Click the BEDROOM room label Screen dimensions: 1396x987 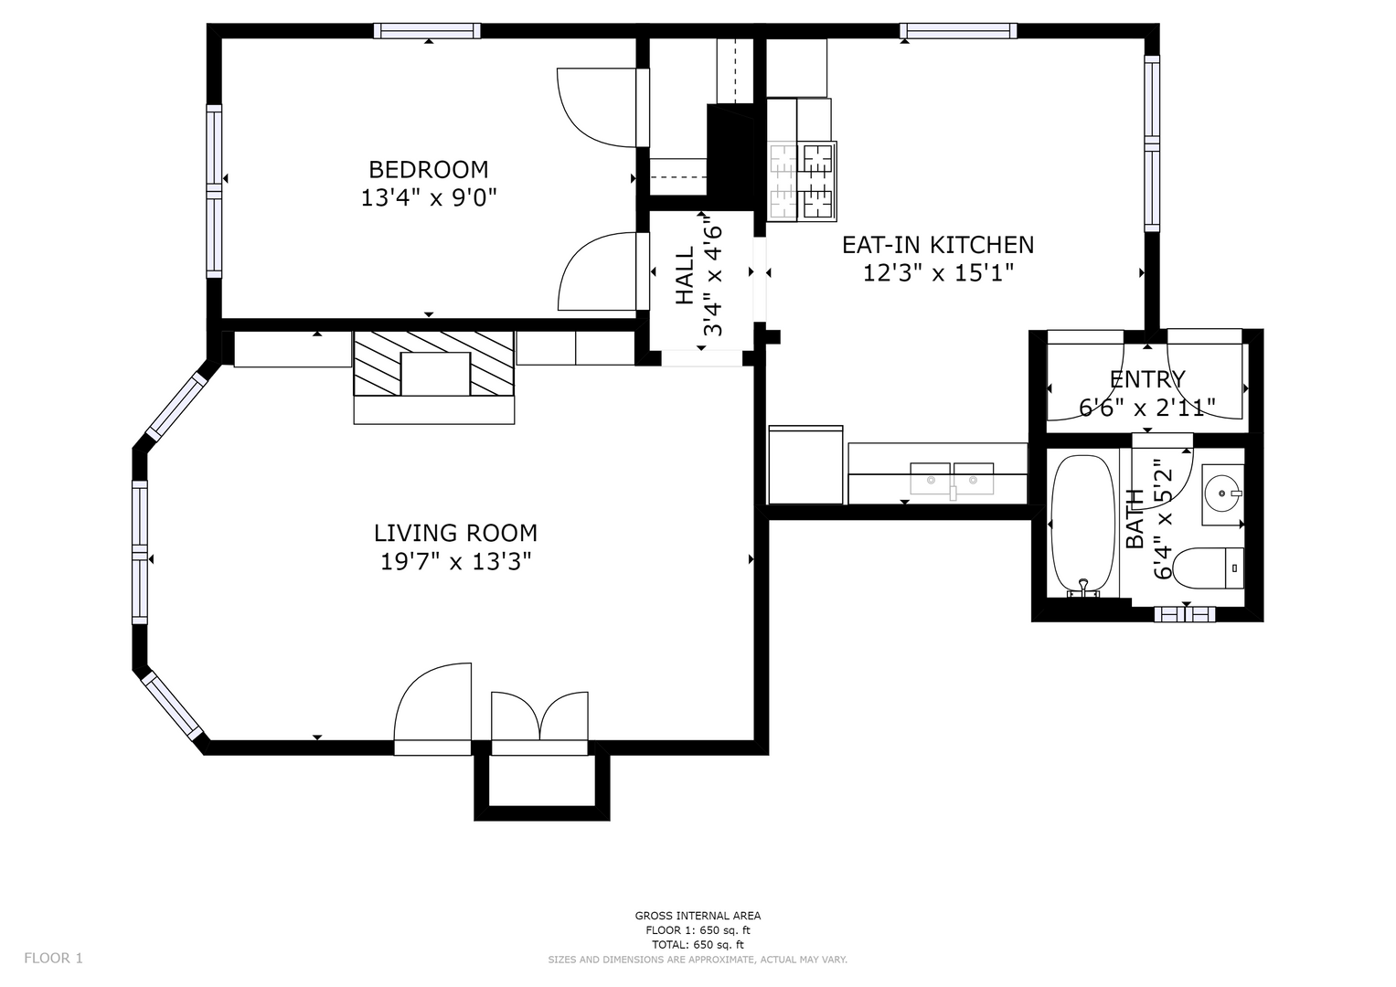coord(428,169)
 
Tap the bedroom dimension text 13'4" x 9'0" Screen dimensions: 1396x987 coord(429,198)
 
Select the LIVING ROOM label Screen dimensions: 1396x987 coord(455,534)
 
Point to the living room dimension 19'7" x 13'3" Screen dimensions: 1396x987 coord(455,562)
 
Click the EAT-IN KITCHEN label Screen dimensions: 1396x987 coord(938,245)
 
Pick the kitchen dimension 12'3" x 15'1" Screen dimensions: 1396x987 coord(938,273)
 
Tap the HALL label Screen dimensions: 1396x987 coord(685,275)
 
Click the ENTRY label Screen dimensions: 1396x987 coord(1147,379)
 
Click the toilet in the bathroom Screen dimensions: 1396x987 coord(1208,568)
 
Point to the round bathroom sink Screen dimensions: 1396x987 coord(1222,494)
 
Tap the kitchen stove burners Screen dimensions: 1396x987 coord(802,181)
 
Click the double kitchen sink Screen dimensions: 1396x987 coord(952,479)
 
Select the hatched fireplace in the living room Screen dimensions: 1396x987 coord(433,364)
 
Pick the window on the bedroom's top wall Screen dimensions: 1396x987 coord(428,30)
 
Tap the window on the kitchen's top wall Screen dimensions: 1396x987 coord(958,30)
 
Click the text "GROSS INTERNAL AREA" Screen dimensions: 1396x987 coord(698,916)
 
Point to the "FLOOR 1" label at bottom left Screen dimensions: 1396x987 coord(54,958)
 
